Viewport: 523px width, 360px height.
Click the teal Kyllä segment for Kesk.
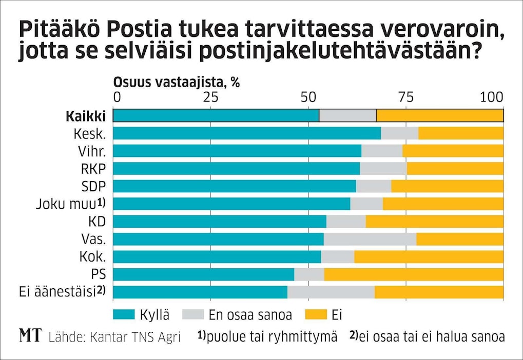(246, 133)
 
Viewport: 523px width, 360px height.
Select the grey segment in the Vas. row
(370, 239)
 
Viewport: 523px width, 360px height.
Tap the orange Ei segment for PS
(414, 274)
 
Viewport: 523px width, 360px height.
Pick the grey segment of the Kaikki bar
(347, 116)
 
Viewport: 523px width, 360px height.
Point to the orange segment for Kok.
(429, 257)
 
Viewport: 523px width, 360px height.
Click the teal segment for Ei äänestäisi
(200, 292)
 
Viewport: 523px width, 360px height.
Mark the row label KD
(97, 222)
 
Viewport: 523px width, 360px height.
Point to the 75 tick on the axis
(405, 97)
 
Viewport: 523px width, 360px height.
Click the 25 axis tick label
(210, 97)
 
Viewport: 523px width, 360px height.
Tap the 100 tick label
(493, 97)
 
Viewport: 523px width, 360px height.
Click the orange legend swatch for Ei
(317, 314)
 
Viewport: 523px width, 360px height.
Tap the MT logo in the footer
(30, 336)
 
